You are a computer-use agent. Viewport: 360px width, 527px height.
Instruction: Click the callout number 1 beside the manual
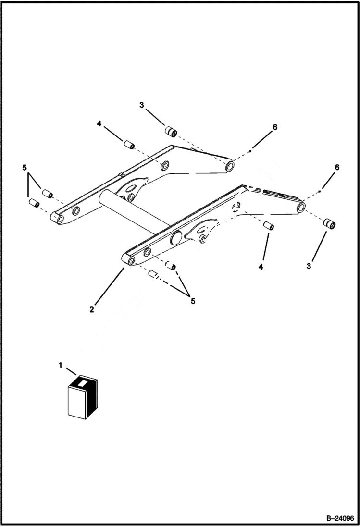pos(61,365)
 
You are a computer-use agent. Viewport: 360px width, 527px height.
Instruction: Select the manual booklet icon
pos(82,397)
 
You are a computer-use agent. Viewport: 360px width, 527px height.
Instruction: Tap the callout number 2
pos(91,309)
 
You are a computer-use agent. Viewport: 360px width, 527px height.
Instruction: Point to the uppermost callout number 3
pos(141,105)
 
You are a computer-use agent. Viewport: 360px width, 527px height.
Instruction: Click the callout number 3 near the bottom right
pos(309,265)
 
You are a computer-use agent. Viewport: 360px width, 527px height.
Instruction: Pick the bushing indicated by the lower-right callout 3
pos(329,224)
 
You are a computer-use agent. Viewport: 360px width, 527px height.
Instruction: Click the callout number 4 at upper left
pos(99,123)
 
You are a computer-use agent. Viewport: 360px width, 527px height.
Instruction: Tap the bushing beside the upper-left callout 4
pos(128,145)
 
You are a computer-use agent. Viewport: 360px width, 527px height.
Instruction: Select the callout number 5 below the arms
pos(193,301)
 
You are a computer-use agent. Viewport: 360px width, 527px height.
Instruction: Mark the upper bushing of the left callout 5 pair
pos(48,194)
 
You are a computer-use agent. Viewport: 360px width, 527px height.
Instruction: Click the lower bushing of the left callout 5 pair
pos(34,203)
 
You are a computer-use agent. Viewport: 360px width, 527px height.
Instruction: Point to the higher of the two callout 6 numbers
pos(275,127)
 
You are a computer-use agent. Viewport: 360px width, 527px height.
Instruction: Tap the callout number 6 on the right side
pos(337,167)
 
